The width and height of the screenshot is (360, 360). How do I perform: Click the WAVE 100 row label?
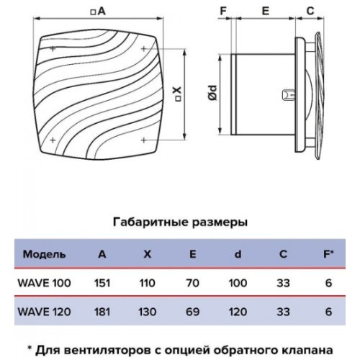coord(44,283)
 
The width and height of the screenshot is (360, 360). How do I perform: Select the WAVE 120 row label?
coord(44,312)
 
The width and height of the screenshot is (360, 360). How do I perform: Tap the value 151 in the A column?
coord(102,283)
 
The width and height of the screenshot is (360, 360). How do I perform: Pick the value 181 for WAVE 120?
coord(102,312)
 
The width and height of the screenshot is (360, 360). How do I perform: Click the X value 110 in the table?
coord(148,283)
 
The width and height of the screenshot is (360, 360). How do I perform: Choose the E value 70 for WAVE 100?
coord(192,283)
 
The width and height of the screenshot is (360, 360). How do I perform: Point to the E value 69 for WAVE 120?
coord(192,312)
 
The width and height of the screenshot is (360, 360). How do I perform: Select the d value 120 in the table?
coord(238,312)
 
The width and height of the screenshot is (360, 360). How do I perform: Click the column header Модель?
coord(44,254)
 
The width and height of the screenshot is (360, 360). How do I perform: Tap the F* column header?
coord(328,254)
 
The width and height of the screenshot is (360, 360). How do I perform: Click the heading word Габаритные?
coord(150,222)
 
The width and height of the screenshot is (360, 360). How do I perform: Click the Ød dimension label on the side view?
coord(212,93)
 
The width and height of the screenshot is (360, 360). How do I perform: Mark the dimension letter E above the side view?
coord(266,11)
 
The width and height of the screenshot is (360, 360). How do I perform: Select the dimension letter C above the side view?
coord(310,11)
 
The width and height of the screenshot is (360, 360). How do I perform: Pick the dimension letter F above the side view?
coord(223,11)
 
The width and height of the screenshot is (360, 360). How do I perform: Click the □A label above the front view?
coord(98,12)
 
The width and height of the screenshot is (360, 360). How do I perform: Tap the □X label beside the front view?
coord(178,94)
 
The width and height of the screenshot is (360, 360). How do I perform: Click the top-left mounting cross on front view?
coord(53,49)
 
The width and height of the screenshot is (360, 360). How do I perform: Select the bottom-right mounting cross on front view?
coord(143,140)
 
